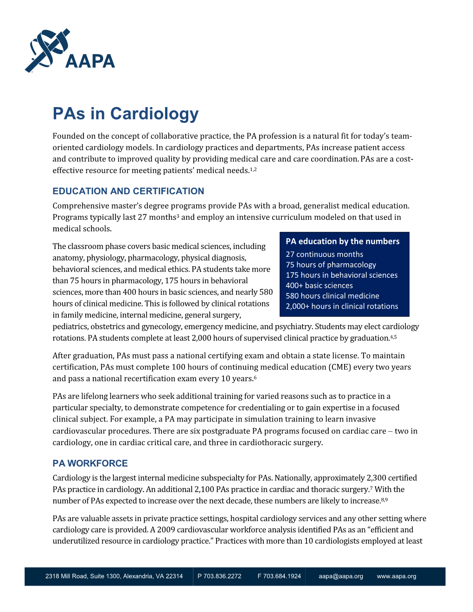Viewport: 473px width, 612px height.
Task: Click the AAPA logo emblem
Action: (47, 50)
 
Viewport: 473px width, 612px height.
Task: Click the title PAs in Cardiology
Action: (126, 114)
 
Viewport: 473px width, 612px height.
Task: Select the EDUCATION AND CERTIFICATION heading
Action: (128, 191)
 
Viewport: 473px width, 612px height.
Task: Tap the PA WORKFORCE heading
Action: (90, 463)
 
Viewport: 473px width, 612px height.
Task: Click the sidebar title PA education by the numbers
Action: (342, 242)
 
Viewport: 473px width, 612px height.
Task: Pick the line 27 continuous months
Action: (324, 255)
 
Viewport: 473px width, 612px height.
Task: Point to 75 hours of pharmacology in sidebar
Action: (331, 265)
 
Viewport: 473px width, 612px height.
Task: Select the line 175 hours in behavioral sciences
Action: (341, 275)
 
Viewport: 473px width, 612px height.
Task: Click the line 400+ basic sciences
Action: (319, 286)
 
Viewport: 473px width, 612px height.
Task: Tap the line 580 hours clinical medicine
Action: (332, 296)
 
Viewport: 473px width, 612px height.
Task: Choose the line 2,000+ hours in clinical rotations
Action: (342, 306)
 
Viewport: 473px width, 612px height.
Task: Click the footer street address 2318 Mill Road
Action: (114, 576)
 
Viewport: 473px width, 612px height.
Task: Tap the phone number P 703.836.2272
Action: (219, 576)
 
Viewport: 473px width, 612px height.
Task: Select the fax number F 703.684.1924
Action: (279, 576)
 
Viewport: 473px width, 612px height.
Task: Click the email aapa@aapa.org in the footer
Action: (340, 576)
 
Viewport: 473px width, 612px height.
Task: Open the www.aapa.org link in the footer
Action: (396, 576)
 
